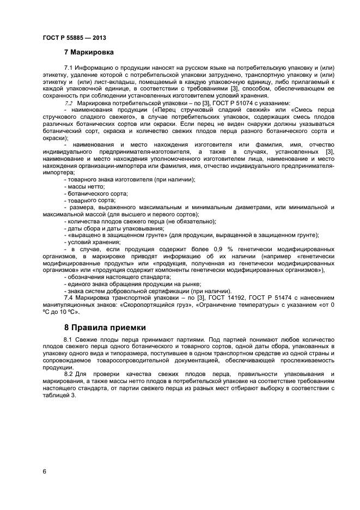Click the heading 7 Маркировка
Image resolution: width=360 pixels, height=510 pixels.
click(x=89, y=53)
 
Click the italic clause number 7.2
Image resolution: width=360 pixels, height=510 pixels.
click(x=69, y=102)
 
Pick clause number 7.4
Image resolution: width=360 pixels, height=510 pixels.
click(x=69, y=297)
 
